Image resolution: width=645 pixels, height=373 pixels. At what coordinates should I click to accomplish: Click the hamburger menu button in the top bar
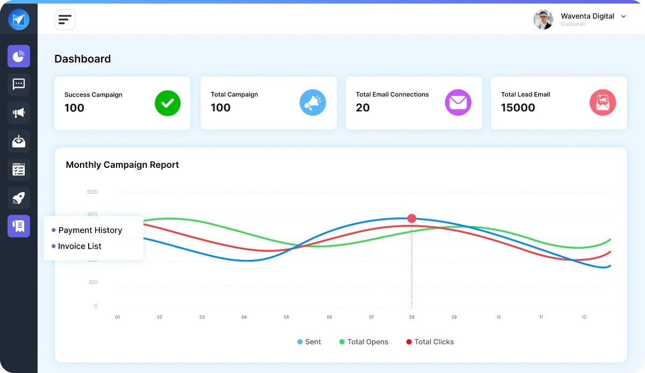click(x=65, y=20)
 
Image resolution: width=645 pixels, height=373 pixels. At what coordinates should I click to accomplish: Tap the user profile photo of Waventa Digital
click(x=543, y=19)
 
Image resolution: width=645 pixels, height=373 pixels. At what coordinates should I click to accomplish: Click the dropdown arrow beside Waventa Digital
click(x=623, y=17)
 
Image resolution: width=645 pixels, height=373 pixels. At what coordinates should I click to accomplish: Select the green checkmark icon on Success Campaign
click(x=168, y=103)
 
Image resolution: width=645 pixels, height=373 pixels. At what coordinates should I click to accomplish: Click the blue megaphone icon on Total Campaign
click(x=313, y=103)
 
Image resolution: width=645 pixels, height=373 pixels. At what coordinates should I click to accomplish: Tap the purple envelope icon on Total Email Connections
click(x=458, y=103)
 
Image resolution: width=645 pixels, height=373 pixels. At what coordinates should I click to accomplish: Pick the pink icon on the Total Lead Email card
click(x=603, y=103)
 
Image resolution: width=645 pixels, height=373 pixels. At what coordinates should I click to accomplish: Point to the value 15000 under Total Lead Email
click(x=518, y=108)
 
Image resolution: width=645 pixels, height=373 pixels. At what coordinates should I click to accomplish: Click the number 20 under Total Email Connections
click(x=363, y=108)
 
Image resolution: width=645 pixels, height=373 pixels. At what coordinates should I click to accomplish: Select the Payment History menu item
click(x=90, y=230)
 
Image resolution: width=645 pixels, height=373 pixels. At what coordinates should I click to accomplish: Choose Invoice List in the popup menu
click(x=80, y=247)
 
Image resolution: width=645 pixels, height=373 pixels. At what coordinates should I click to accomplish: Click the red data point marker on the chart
click(x=412, y=218)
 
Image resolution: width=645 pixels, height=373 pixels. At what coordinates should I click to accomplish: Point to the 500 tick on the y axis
click(x=92, y=192)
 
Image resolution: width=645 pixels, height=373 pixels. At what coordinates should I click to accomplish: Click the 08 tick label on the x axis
click(x=412, y=318)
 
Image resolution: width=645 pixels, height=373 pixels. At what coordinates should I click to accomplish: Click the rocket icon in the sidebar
click(x=19, y=198)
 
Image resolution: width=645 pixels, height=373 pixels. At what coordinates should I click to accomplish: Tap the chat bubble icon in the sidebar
click(x=19, y=85)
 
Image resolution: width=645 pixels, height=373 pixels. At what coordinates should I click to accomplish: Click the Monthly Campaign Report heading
click(x=123, y=165)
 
